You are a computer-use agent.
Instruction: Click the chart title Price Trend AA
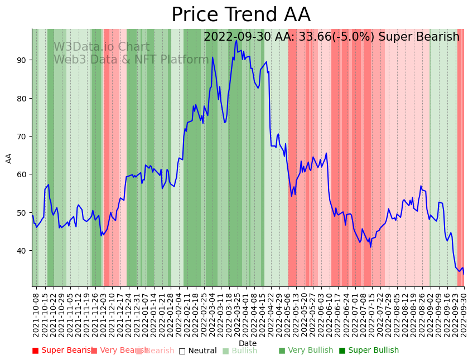click(x=240, y=15)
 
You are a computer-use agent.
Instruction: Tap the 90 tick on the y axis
click(x=22, y=60)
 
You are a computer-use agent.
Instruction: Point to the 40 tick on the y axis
click(x=22, y=251)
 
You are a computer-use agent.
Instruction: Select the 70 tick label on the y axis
click(x=22, y=137)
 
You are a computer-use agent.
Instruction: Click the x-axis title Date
click(x=248, y=343)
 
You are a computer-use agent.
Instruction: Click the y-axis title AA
click(x=9, y=158)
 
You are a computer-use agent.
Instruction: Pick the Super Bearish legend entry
click(x=63, y=351)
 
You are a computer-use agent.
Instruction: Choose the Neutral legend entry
click(x=197, y=351)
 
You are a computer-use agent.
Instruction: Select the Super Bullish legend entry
click(x=369, y=351)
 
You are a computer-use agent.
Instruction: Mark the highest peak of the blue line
click(x=236, y=40)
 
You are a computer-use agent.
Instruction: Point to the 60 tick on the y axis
click(x=22, y=174)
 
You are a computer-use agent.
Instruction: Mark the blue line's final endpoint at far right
click(x=464, y=274)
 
